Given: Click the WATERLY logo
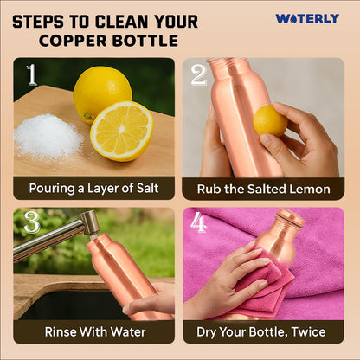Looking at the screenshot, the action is click(x=307, y=19).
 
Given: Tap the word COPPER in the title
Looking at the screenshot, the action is click(x=73, y=41).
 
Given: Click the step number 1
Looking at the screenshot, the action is click(x=32, y=74).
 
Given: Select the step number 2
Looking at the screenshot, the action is click(x=199, y=75).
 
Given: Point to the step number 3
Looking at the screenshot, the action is click(x=32, y=222).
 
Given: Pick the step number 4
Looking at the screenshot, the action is click(x=199, y=222).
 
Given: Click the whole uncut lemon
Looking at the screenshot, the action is click(x=101, y=93).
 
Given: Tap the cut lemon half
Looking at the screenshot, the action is click(x=122, y=131).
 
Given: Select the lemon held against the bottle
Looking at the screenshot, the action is click(x=270, y=120).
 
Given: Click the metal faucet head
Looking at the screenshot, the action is click(x=89, y=222).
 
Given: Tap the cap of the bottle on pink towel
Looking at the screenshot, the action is click(x=290, y=218).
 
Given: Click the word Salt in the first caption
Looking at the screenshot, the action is click(x=147, y=189).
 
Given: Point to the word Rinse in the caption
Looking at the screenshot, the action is click(x=61, y=331).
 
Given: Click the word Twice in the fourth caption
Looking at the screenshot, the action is click(x=308, y=331).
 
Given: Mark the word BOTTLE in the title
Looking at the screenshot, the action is click(x=145, y=41).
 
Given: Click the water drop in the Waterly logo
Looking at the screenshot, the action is click(x=291, y=19).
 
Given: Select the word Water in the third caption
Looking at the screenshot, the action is click(x=128, y=331).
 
